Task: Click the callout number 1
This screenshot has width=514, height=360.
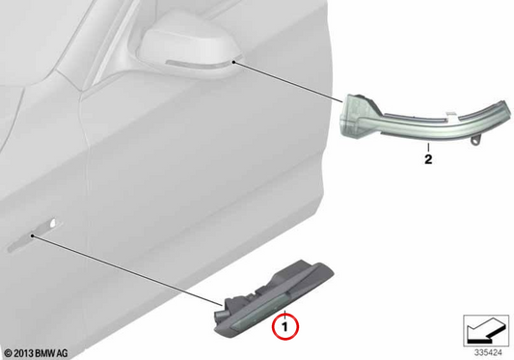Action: tap(284, 327)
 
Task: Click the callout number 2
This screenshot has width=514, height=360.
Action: tap(428, 159)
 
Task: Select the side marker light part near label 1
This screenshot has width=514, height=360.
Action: tap(274, 298)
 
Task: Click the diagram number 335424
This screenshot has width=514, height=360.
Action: tap(488, 353)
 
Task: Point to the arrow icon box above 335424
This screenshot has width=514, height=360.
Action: tap(486, 330)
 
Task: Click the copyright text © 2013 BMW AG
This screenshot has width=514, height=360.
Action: tap(36, 353)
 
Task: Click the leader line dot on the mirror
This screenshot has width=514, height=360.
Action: tap(233, 62)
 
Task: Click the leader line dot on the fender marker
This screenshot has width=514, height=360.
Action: tap(32, 235)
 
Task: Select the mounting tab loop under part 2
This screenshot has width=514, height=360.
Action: tap(476, 140)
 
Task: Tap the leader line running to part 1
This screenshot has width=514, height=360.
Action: tap(128, 270)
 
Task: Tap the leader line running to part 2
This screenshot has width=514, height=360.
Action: tap(288, 82)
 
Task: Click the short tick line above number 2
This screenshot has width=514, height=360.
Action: tap(428, 148)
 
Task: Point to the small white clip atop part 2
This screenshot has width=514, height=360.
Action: tap(451, 114)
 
